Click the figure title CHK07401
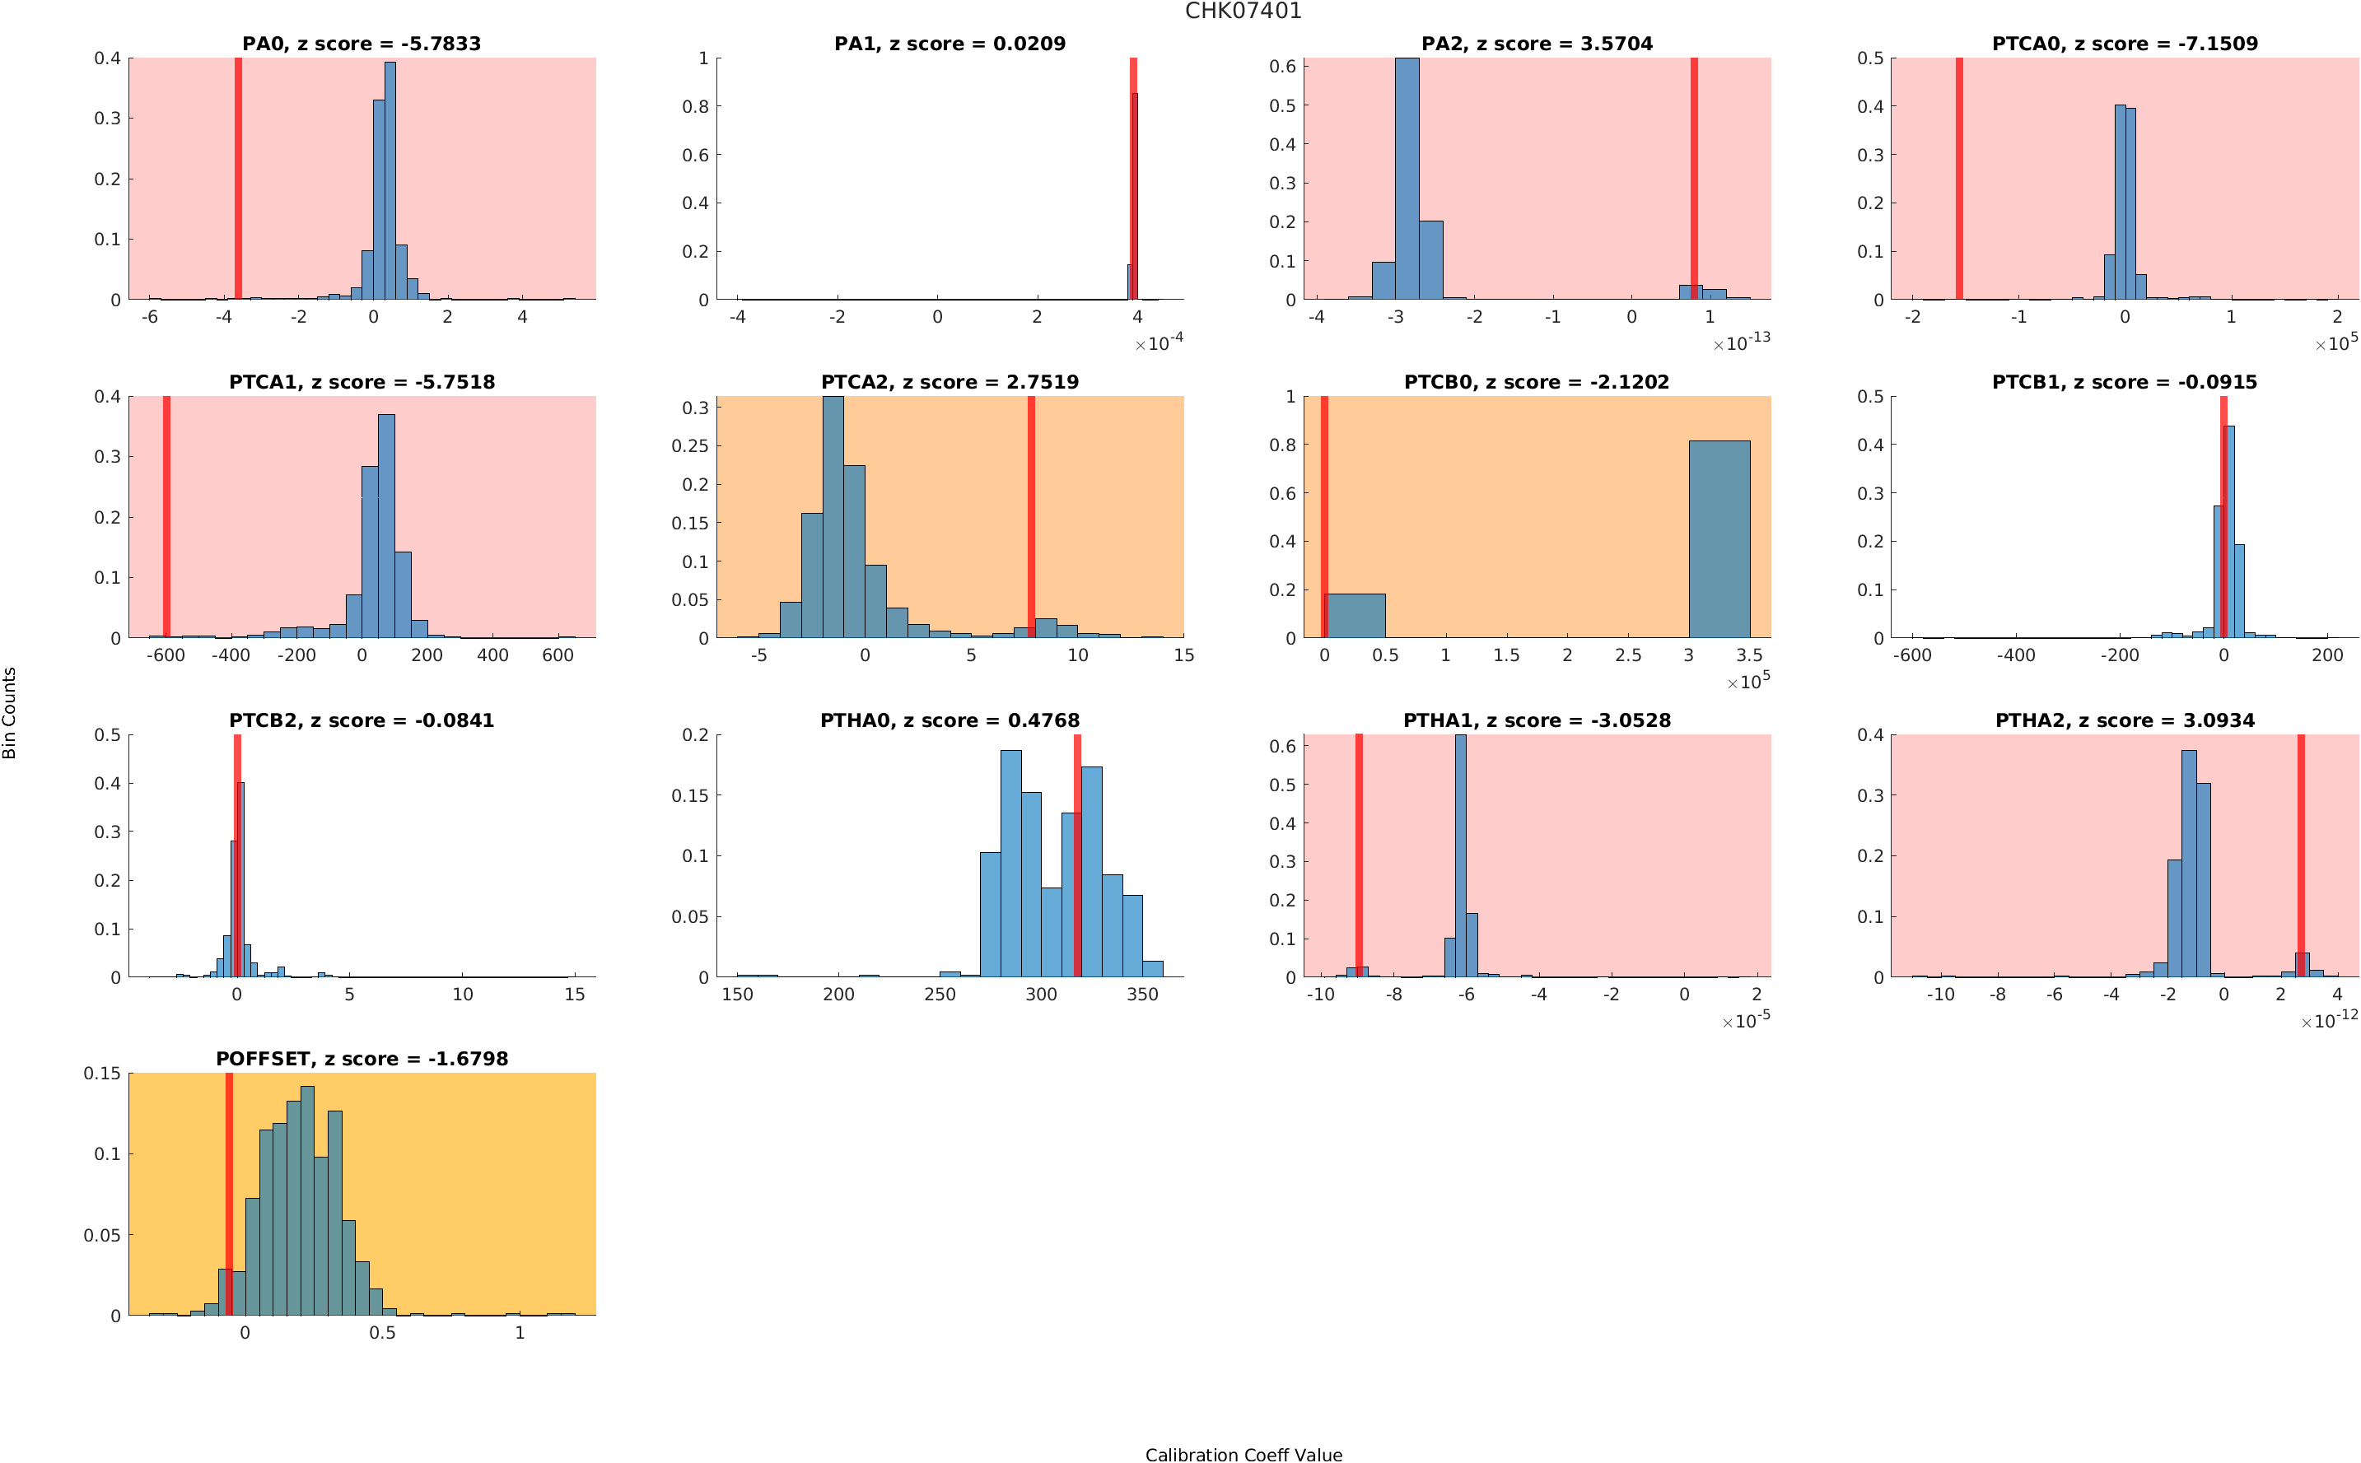1243,12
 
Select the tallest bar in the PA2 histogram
1407,179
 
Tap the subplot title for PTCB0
1536,382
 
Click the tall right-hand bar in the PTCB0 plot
1719,539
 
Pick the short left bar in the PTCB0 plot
1355,615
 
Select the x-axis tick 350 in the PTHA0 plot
1141,995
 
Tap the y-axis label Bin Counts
11,712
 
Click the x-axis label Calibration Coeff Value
1243,1453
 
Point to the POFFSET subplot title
362,1059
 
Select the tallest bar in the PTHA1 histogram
1460,856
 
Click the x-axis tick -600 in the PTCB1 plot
1912,656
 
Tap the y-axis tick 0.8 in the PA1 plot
696,106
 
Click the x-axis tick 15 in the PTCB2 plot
575,995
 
